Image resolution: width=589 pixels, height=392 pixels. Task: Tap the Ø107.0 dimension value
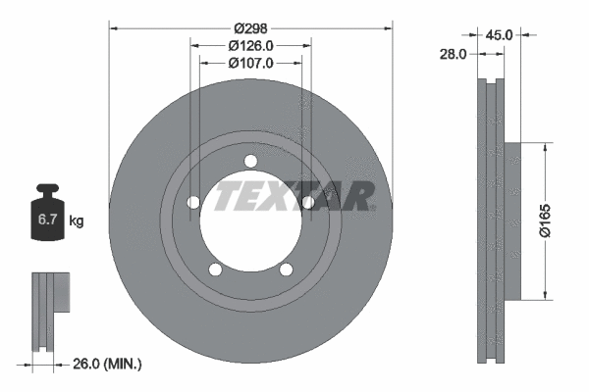tap(251, 63)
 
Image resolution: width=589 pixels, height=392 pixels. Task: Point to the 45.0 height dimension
tap(500, 35)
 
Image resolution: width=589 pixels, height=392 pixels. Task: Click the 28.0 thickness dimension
tap(453, 55)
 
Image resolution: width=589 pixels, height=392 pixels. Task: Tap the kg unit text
tap(77, 222)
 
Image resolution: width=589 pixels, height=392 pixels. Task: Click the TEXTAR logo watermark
tap(294, 196)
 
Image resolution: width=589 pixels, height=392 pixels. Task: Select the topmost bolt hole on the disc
tap(250, 162)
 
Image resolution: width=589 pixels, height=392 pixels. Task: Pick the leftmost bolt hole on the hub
tap(193, 203)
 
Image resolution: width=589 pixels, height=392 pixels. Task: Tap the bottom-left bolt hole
tap(216, 270)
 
